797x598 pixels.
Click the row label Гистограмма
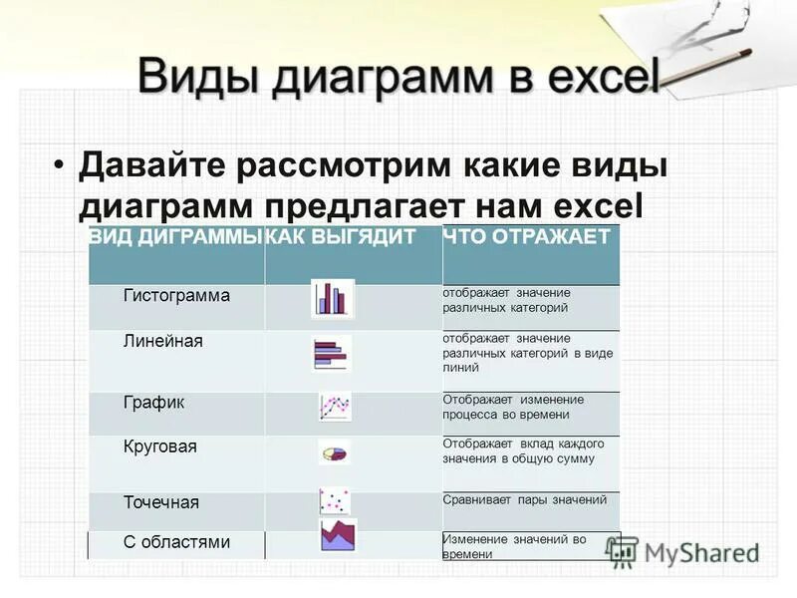pyautogui.click(x=176, y=296)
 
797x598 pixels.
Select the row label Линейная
pyautogui.click(x=162, y=342)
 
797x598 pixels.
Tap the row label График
pyautogui.click(x=153, y=402)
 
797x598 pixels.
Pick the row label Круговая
pyautogui.click(x=159, y=447)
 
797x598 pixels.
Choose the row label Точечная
pyautogui.click(x=161, y=502)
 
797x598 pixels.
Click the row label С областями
pyautogui.click(x=176, y=543)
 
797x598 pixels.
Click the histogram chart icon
pyautogui.click(x=332, y=298)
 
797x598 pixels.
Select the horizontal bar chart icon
pyautogui.click(x=332, y=353)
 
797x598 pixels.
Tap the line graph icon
pyautogui.click(x=335, y=407)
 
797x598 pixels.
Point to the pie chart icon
pyautogui.click(x=335, y=452)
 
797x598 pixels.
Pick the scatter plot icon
pyautogui.click(x=334, y=499)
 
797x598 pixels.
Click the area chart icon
pyautogui.click(x=338, y=535)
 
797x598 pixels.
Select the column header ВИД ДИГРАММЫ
pyautogui.click(x=175, y=237)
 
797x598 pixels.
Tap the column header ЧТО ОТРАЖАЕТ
pyautogui.click(x=527, y=237)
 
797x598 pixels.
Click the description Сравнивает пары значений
pyautogui.click(x=524, y=500)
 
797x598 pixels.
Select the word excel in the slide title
pyautogui.click(x=596, y=77)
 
